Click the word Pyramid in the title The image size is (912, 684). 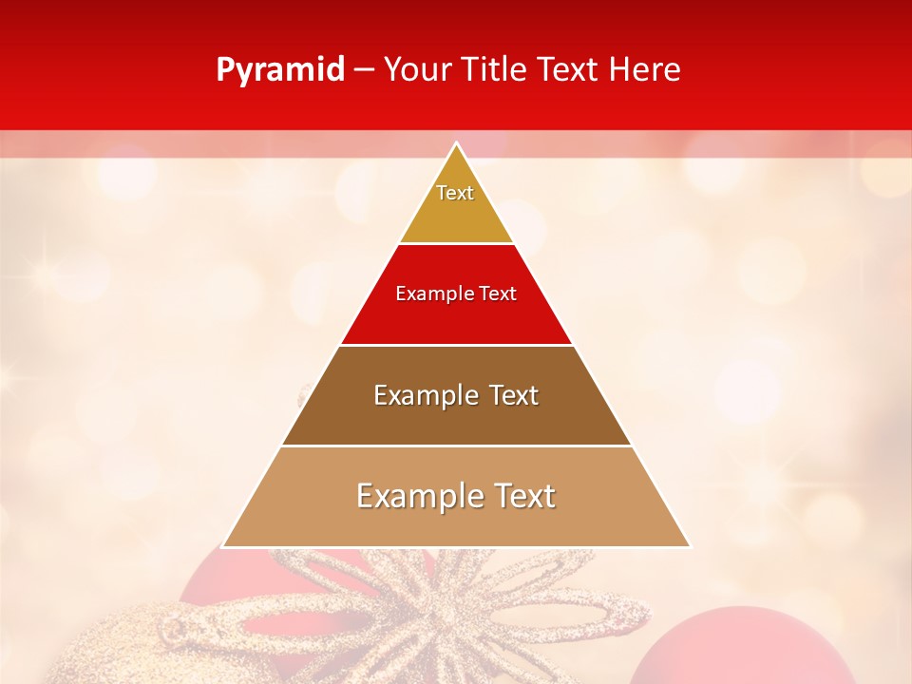[x=280, y=70]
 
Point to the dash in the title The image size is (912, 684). [x=364, y=70]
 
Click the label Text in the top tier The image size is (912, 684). [x=455, y=193]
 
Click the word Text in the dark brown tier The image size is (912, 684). [x=509, y=395]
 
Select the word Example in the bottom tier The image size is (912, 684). [x=416, y=496]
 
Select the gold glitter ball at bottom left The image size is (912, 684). [x=104, y=646]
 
